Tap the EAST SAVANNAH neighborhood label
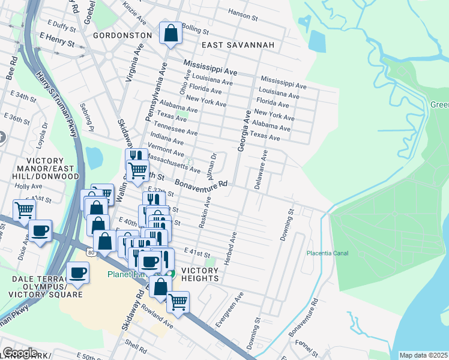pyautogui.click(x=238, y=45)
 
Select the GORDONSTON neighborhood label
pyautogui.click(x=122, y=35)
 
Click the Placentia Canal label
pyautogui.click(x=328, y=253)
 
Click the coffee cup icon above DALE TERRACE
pyautogui.click(x=77, y=274)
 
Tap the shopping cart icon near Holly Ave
pyautogui.click(x=24, y=210)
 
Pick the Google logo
pyautogui.click(x=19, y=353)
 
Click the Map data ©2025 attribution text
pyautogui.click(x=424, y=355)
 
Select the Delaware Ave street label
pyautogui.click(x=261, y=170)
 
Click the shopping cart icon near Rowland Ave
pyautogui.click(x=178, y=302)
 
